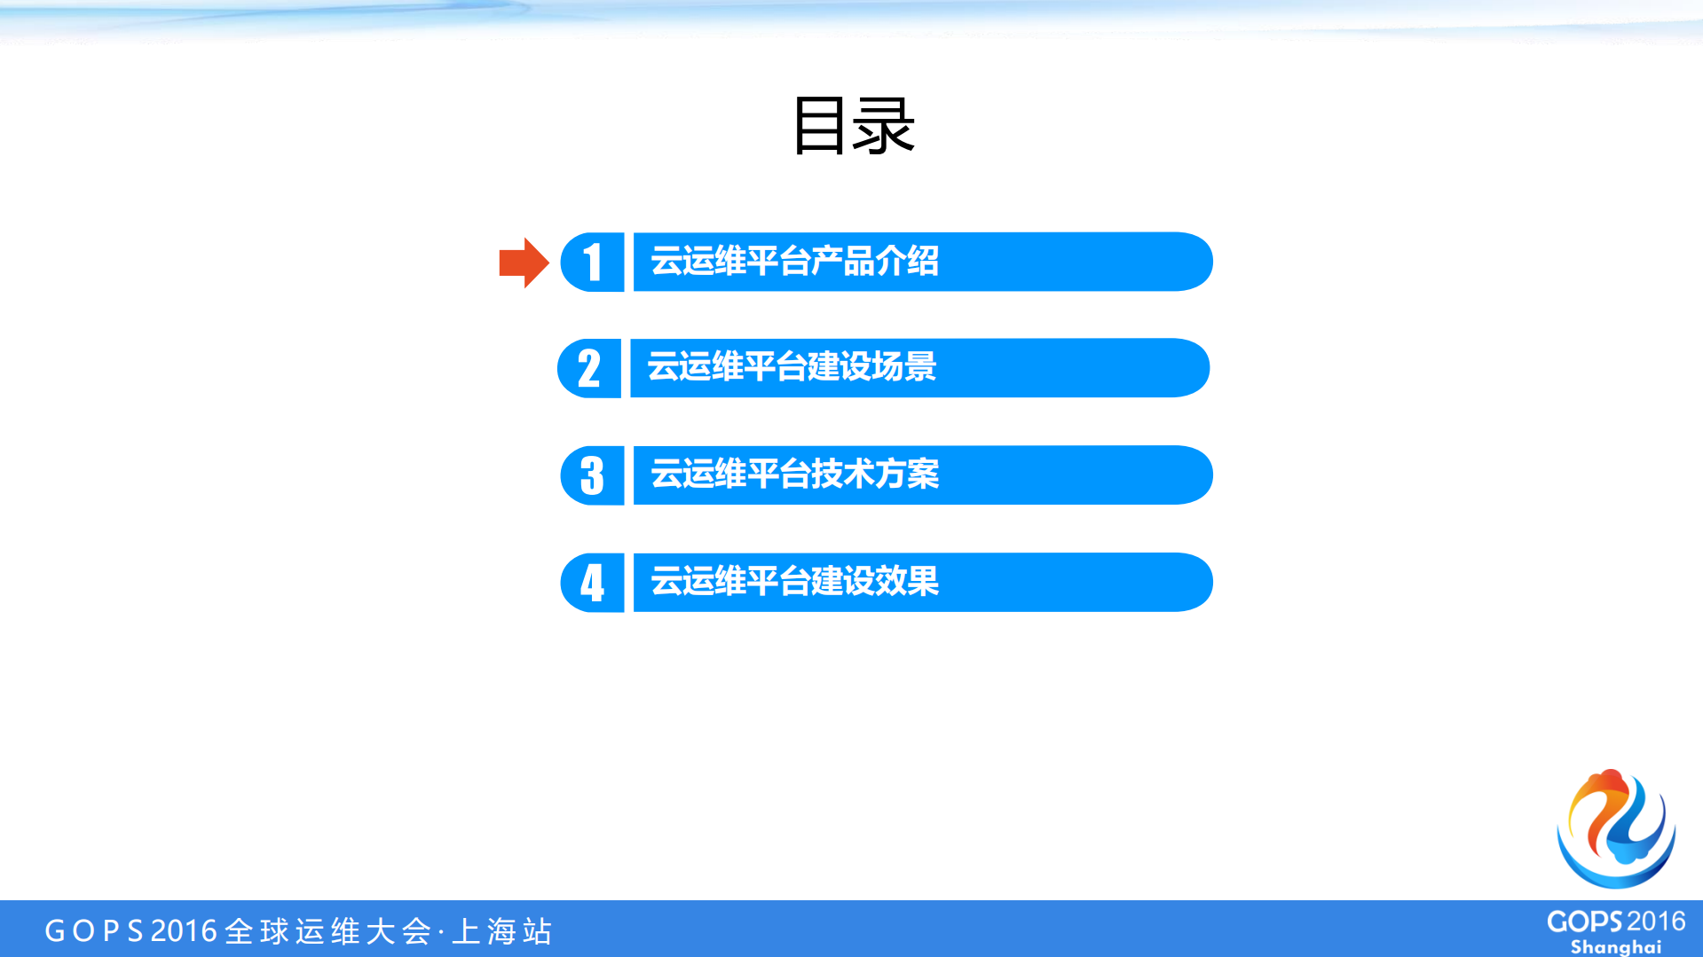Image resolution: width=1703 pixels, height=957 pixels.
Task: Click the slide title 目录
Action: [x=853, y=126]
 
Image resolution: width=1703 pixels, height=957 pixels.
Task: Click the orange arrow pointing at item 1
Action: [x=524, y=263]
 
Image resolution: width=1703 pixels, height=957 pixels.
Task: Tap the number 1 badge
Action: [x=593, y=263]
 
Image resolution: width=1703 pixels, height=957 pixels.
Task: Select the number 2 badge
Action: [x=589, y=368]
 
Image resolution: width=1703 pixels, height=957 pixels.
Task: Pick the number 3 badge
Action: [x=592, y=475]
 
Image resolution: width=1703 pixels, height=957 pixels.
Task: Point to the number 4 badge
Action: [x=592, y=583]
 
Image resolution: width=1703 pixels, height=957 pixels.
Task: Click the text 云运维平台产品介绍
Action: [x=794, y=262]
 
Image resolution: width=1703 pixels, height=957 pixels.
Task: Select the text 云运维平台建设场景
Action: [x=792, y=367]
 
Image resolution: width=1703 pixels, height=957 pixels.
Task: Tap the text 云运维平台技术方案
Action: [x=794, y=475]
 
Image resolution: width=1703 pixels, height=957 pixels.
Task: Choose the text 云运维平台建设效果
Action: [x=794, y=582]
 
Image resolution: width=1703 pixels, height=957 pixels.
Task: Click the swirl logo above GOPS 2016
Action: [x=1616, y=828]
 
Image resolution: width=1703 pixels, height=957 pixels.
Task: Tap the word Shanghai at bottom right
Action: [x=1615, y=946]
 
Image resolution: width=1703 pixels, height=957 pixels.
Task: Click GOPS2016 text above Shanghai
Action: [x=1615, y=922]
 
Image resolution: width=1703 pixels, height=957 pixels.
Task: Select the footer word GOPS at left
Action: [x=94, y=931]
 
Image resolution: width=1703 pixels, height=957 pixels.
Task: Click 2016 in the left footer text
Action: [x=184, y=931]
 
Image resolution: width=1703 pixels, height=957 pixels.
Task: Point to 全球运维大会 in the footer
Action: [x=328, y=931]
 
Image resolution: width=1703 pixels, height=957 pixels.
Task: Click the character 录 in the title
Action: [x=884, y=126]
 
